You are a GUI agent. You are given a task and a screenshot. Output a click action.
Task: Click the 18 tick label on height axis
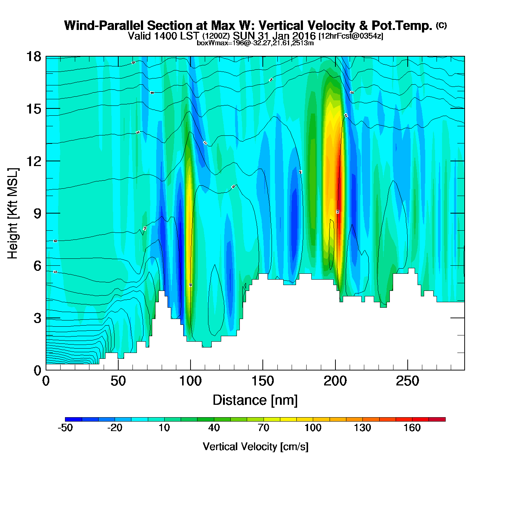click(x=33, y=57)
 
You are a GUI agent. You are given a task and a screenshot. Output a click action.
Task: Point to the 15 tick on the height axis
click(x=33, y=109)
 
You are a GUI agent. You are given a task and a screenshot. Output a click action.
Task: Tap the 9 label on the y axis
click(x=37, y=214)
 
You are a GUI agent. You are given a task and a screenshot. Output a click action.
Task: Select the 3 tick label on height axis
click(x=37, y=318)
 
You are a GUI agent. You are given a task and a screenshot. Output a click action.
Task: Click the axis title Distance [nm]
click(x=255, y=400)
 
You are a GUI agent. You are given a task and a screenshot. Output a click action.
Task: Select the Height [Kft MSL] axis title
click(x=13, y=214)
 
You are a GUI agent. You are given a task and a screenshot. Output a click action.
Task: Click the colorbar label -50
click(x=65, y=428)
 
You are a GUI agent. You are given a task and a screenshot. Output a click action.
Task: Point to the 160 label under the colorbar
click(x=412, y=428)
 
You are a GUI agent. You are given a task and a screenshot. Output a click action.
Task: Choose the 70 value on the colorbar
click(x=264, y=428)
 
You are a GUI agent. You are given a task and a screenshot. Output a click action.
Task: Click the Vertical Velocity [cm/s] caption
click(x=255, y=446)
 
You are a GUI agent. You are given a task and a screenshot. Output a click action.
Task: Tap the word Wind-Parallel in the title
click(x=104, y=26)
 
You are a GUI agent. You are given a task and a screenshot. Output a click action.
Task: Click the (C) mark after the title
click(x=441, y=25)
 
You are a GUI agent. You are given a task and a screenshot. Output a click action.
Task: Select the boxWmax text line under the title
click(x=255, y=43)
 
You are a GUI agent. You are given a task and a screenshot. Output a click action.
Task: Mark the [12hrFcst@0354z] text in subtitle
click(x=351, y=36)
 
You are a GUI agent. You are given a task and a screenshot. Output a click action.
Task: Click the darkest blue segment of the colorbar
click(x=73, y=419)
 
